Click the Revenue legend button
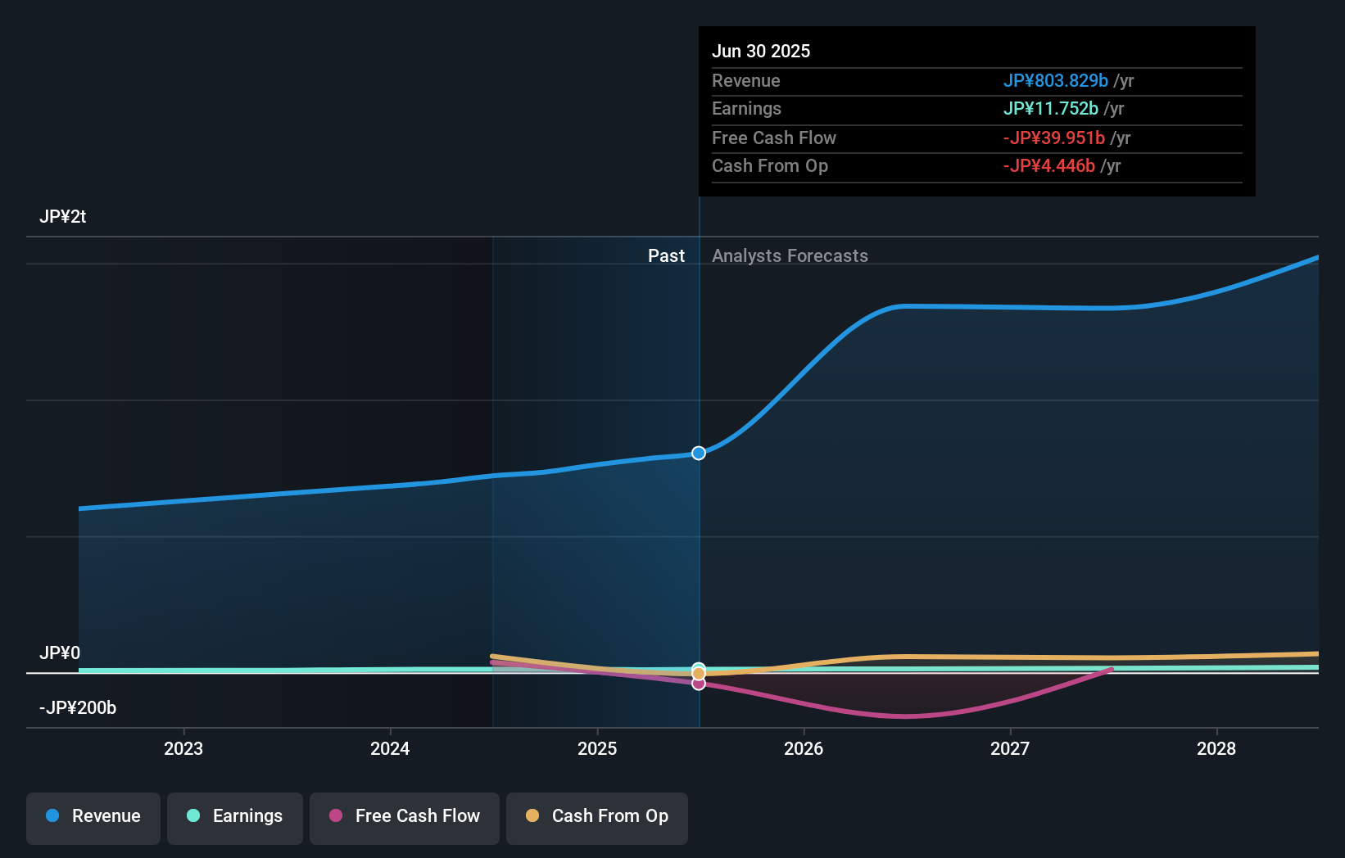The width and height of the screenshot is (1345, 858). point(93,816)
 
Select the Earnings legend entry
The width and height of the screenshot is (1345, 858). point(235,816)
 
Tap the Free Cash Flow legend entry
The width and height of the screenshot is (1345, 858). point(405,816)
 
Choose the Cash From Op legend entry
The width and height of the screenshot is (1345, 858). point(597,816)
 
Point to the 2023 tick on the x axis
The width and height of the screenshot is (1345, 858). point(183,748)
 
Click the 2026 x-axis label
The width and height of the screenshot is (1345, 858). point(804,748)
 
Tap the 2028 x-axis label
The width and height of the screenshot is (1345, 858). point(1216,748)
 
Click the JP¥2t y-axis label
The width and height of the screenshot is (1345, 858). point(63,217)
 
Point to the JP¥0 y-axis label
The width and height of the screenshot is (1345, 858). point(60,653)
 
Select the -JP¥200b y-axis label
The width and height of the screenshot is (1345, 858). point(78,708)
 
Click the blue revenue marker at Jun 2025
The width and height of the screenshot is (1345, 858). point(699,453)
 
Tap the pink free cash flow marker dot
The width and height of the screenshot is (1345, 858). point(699,684)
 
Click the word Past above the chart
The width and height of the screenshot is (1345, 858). point(666,256)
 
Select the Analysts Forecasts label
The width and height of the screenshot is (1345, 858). point(790,256)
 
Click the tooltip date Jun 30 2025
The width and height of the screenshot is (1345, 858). point(761,52)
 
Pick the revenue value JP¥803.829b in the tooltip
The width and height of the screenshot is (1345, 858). point(1055,81)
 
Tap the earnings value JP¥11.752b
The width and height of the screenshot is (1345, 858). point(1050,109)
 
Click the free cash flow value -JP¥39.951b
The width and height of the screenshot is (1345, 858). point(1053,138)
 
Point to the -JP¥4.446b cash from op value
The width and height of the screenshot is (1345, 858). point(1048,166)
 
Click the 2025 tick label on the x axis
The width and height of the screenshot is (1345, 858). point(597,748)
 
